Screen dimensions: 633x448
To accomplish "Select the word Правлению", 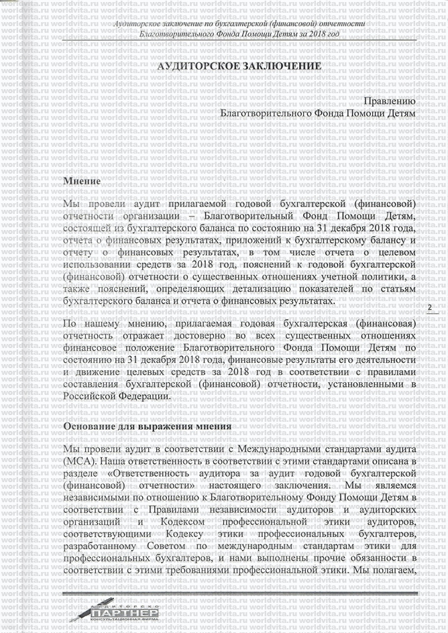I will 389,101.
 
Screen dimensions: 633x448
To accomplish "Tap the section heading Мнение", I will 82,181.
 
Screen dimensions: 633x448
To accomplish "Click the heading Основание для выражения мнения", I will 147,426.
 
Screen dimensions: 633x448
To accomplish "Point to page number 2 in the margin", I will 429,307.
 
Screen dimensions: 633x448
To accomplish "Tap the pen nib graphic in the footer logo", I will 83,611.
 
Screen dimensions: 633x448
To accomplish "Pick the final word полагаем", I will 393,571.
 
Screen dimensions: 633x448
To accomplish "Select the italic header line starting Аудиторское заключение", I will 239,25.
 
